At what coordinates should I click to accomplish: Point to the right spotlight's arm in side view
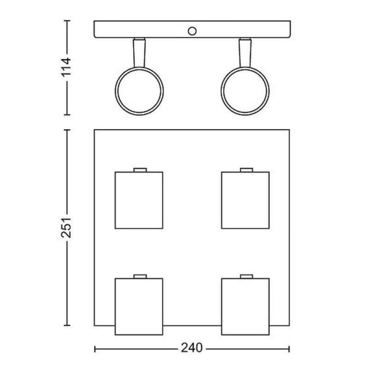[247, 52]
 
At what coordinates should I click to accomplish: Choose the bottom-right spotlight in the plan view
[246, 305]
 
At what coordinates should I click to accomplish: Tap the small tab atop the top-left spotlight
[140, 169]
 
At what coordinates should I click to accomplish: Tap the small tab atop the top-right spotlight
[246, 169]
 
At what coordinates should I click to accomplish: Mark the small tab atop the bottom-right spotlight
[246, 276]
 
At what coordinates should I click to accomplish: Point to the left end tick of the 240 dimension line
[94, 348]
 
